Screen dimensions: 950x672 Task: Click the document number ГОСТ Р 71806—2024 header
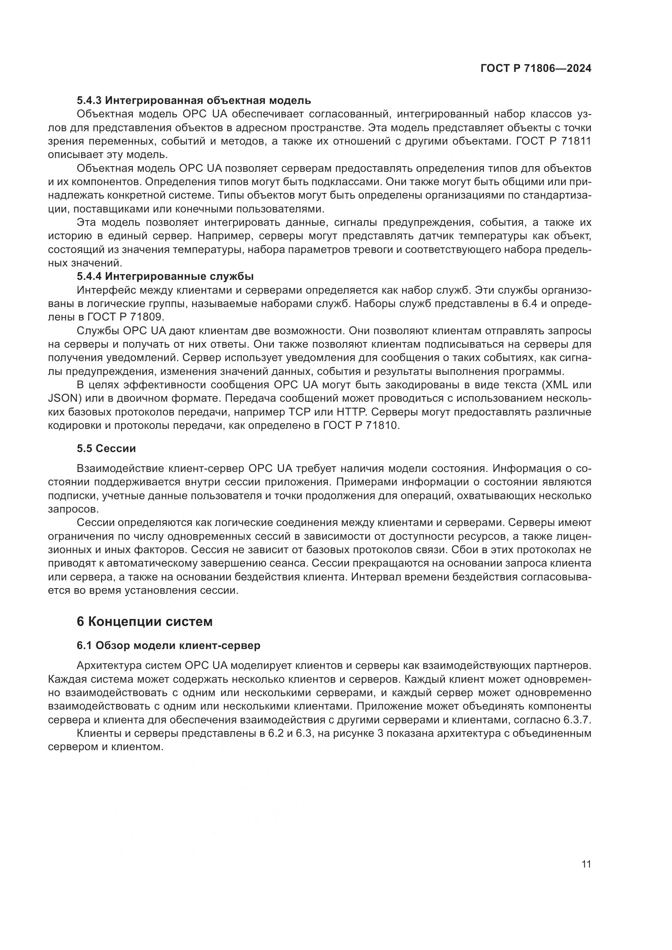pyautogui.click(x=535, y=69)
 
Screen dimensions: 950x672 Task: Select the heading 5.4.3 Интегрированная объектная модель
pyautogui.click(x=194, y=100)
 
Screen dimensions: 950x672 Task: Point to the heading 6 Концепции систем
pyautogui.click(x=144, y=621)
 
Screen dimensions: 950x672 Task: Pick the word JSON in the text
pyautogui.click(x=61, y=398)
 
